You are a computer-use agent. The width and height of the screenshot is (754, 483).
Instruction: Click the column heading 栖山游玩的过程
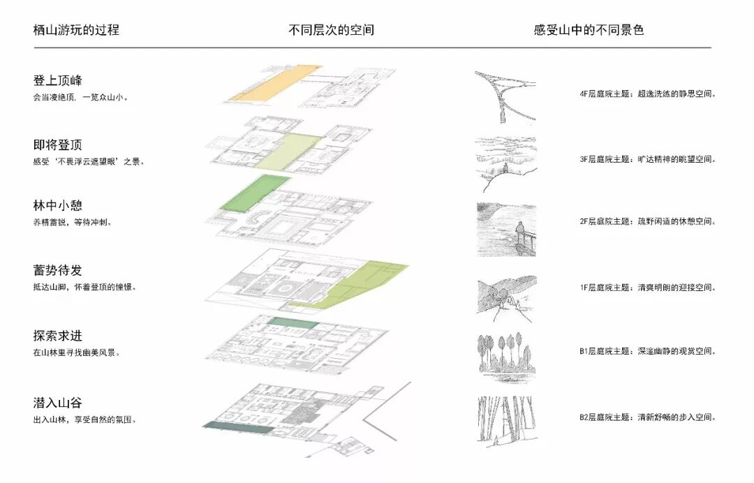(x=76, y=30)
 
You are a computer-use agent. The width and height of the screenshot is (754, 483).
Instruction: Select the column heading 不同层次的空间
(x=331, y=30)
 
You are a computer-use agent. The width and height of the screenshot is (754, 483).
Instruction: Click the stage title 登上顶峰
(x=58, y=80)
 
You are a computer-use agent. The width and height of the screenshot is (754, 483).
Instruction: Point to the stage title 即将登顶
(x=58, y=145)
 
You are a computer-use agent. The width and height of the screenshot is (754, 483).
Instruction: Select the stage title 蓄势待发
(x=58, y=270)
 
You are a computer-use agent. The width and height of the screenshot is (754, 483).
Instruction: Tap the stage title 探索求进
(x=58, y=336)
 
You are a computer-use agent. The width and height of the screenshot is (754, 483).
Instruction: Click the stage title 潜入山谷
(x=58, y=403)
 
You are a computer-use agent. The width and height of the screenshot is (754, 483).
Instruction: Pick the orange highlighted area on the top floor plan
(x=272, y=83)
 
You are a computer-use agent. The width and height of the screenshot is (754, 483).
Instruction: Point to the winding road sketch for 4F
(x=505, y=94)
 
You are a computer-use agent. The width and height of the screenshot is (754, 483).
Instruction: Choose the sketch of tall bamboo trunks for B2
(x=505, y=419)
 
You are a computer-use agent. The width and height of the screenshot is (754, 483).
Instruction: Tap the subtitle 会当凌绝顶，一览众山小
(x=80, y=97)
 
